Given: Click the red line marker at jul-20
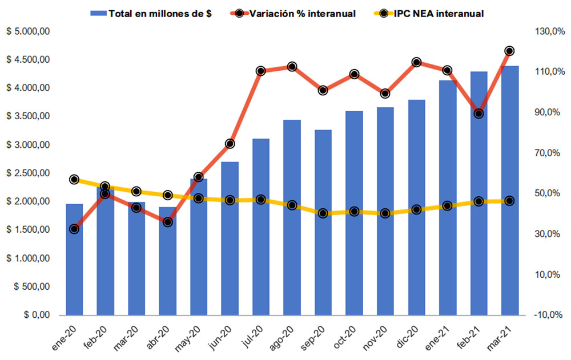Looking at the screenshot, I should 261,71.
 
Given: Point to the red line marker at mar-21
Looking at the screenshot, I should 509,51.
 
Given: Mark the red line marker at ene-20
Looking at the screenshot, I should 74,229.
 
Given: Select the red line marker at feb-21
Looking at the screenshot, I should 478,114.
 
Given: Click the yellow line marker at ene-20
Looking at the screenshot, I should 74,180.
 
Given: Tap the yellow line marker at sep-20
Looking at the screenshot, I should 323,213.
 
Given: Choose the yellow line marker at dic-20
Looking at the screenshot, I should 416,209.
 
